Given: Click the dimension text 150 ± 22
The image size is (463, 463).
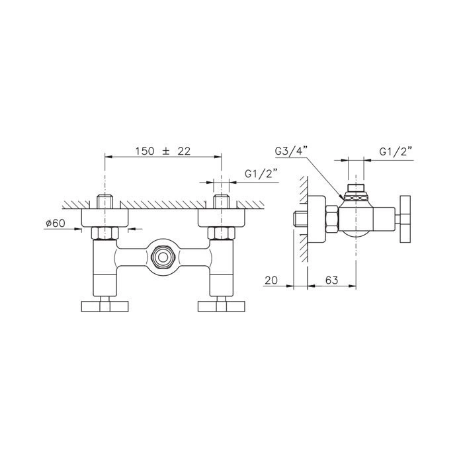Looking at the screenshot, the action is point(163,151).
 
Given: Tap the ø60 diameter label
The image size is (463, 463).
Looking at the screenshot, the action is point(55,224).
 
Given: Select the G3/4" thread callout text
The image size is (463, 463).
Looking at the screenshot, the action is point(291,151).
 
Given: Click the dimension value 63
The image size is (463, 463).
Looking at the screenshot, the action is point(331,280).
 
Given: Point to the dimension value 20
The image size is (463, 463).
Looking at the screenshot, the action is point(271,280).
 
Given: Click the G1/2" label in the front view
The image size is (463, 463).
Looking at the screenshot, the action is point(261,174).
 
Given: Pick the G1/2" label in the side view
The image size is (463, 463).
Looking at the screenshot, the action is point(396,151).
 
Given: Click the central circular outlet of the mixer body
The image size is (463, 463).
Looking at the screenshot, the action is point(163,257).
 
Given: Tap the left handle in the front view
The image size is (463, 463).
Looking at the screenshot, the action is point(105,306).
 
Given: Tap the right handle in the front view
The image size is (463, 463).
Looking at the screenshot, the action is point(222,306).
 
